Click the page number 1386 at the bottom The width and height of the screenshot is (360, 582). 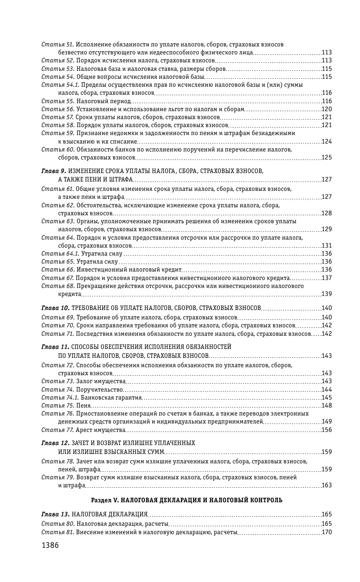(x=50, y=545)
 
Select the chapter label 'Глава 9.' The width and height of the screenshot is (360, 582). (x=53, y=171)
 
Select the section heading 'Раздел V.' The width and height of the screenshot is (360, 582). (x=106, y=500)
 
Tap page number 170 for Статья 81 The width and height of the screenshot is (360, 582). (x=327, y=532)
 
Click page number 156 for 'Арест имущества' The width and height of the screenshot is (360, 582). (x=327, y=430)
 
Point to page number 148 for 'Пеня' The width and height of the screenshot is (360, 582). (x=327, y=405)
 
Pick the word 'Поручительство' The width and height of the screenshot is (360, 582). (x=99, y=389)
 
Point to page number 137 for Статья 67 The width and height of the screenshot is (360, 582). (x=327, y=278)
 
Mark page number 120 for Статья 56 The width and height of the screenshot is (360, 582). (x=327, y=109)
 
